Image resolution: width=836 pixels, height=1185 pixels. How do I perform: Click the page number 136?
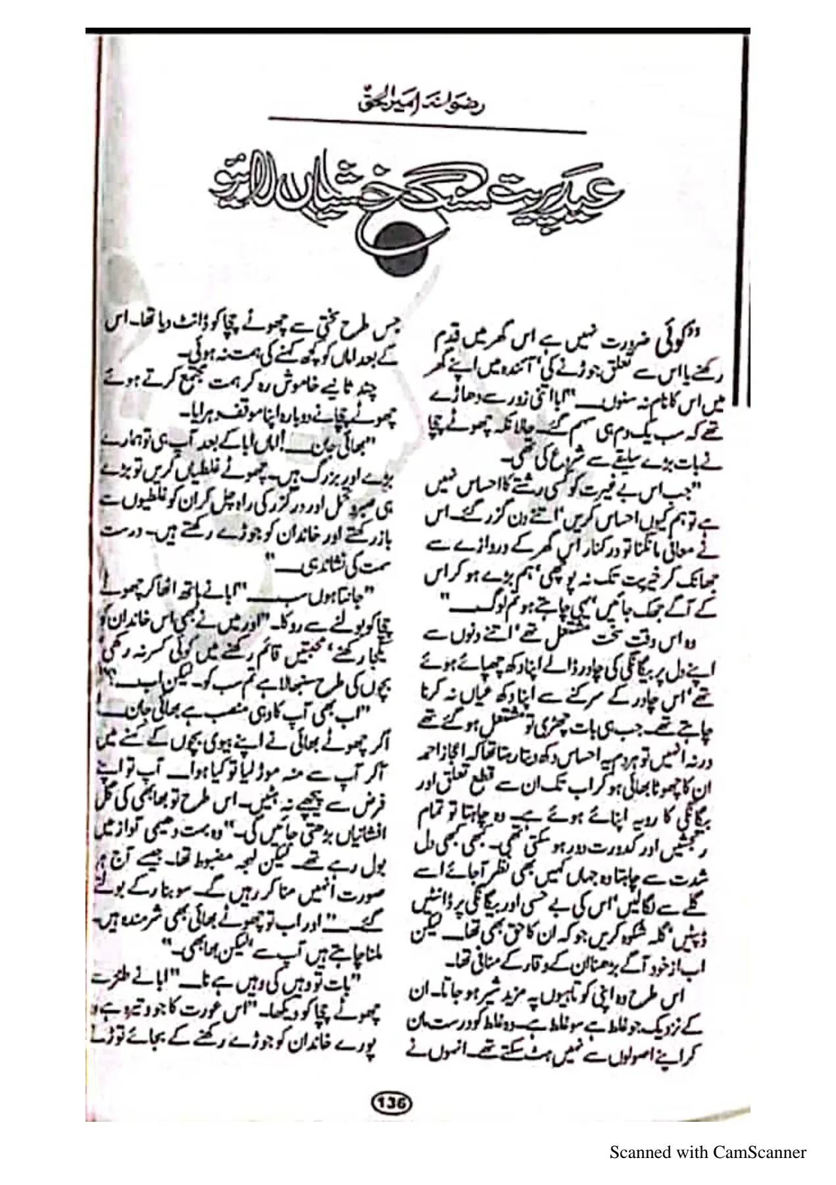tap(393, 1101)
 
